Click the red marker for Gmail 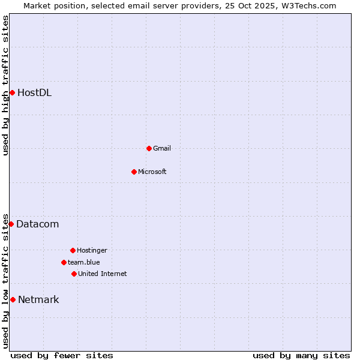[149, 148]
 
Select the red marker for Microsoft [134, 172]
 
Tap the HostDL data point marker [12, 92]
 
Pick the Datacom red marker [11, 224]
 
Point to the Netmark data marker [13, 299]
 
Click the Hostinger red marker [73, 250]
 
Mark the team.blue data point [64, 262]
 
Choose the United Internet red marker [74, 274]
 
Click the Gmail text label [162, 148]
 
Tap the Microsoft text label [152, 172]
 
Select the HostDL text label [34, 92]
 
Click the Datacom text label [37, 224]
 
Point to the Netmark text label [38, 299]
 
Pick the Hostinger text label [92, 250]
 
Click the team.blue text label [84, 262]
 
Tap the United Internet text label [103, 274]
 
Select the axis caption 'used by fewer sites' [62, 355]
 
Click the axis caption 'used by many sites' [301, 355]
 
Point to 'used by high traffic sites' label [5, 85]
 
